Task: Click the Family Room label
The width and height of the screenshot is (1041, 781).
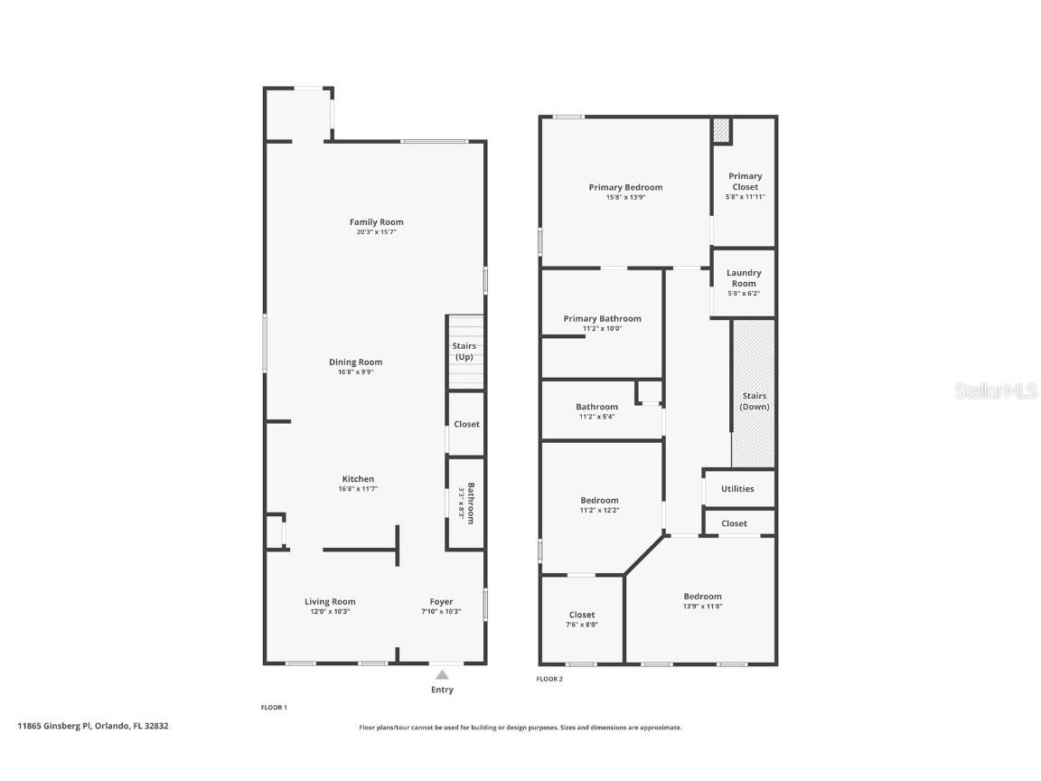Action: point(376,221)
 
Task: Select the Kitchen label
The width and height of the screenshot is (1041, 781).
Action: point(358,479)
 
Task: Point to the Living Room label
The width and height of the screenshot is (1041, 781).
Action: point(330,601)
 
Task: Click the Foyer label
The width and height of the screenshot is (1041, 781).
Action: point(441,601)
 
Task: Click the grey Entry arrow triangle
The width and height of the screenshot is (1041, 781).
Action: point(442,674)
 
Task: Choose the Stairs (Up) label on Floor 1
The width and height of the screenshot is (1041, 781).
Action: point(464,352)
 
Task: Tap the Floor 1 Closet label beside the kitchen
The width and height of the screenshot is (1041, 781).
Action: point(466,424)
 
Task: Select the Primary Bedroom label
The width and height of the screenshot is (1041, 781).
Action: point(625,187)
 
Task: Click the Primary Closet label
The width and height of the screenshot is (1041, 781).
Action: point(746,182)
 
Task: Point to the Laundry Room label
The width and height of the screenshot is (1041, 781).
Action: point(744,278)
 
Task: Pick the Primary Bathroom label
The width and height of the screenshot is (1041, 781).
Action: point(602,318)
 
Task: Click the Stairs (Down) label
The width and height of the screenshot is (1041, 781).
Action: point(755,401)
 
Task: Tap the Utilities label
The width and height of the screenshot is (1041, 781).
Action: point(737,489)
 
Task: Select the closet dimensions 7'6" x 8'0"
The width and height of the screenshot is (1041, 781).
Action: point(582,625)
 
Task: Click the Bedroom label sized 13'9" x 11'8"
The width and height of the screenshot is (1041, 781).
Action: point(702,596)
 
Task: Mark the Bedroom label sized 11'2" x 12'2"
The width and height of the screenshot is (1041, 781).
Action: point(599,500)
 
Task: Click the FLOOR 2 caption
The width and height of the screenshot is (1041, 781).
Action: point(549,679)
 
